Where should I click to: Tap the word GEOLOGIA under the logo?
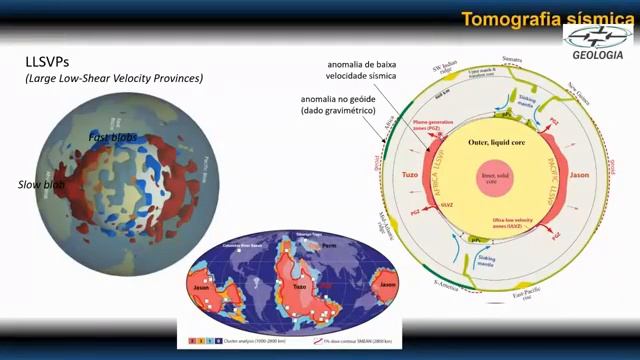coord(598,55)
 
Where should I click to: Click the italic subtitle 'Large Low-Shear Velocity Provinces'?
coord(114,78)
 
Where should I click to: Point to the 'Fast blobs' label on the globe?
coord(112,137)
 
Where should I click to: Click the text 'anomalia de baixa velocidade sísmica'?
coord(361,73)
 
